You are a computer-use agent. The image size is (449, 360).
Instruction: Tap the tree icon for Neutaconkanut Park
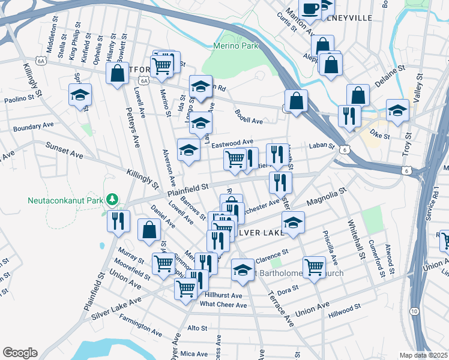pos(111,199)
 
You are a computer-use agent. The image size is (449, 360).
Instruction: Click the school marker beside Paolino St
pos(80,95)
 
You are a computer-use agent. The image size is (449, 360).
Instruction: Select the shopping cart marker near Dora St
pos(315,267)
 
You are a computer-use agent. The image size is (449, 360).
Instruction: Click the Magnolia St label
pos(327,199)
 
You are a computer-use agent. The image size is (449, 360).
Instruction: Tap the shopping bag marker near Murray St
pos(149,229)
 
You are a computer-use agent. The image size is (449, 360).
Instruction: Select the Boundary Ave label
pos(34,127)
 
